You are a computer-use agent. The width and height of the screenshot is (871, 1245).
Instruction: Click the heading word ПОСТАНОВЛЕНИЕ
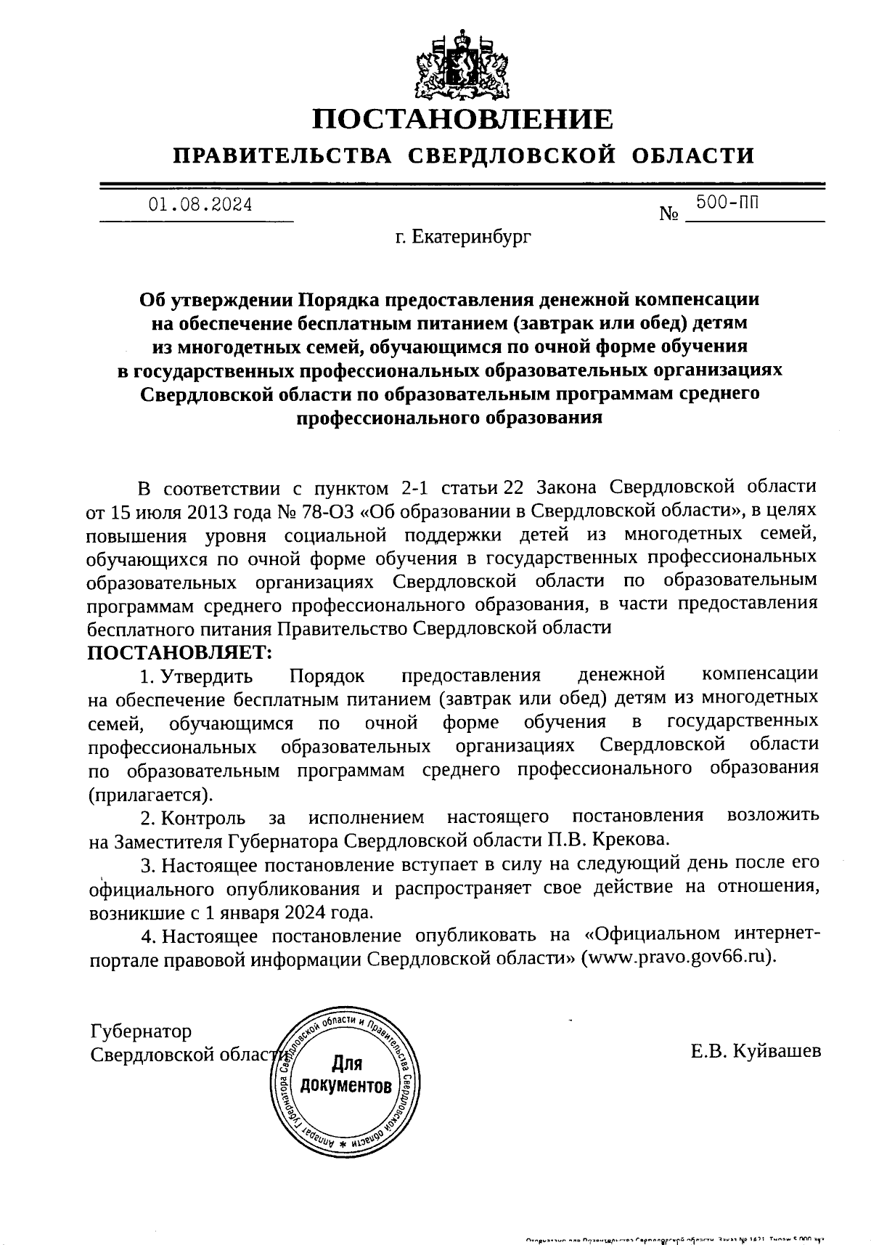462,119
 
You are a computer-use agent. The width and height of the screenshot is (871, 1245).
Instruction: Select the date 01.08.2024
200,205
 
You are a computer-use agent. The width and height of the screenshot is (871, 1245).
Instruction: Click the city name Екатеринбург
473,237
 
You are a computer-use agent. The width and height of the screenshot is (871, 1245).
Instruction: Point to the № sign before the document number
669,215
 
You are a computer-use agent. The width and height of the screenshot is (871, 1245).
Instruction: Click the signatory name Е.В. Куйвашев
756,1050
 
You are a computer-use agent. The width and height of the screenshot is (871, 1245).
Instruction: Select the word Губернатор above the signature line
141,1031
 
